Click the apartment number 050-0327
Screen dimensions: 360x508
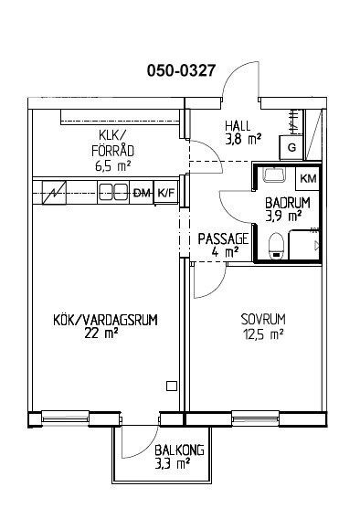tap(181, 70)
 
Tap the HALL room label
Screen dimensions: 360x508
tap(238, 126)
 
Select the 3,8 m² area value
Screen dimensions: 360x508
tap(243, 139)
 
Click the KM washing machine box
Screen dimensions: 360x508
tap(308, 178)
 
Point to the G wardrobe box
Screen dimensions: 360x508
tap(291, 148)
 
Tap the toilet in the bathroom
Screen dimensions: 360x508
tap(276, 246)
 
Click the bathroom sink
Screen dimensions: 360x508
tap(274, 175)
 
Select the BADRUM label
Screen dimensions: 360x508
tap(288, 203)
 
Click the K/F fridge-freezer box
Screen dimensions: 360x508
tap(166, 193)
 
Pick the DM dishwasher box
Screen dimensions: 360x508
tap(142, 193)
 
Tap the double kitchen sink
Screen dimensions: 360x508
tap(112, 193)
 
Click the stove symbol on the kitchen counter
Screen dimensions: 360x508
tap(55, 193)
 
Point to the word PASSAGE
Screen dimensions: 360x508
tap(224, 239)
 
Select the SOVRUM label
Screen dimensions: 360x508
tap(263, 320)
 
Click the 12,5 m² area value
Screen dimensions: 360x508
tap(263, 333)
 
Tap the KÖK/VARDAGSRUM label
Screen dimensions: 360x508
tap(105, 320)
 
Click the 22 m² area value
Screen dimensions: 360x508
tap(101, 333)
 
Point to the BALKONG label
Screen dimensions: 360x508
tap(179, 450)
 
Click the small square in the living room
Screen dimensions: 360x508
tap(172, 386)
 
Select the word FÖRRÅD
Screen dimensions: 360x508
tap(112, 151)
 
